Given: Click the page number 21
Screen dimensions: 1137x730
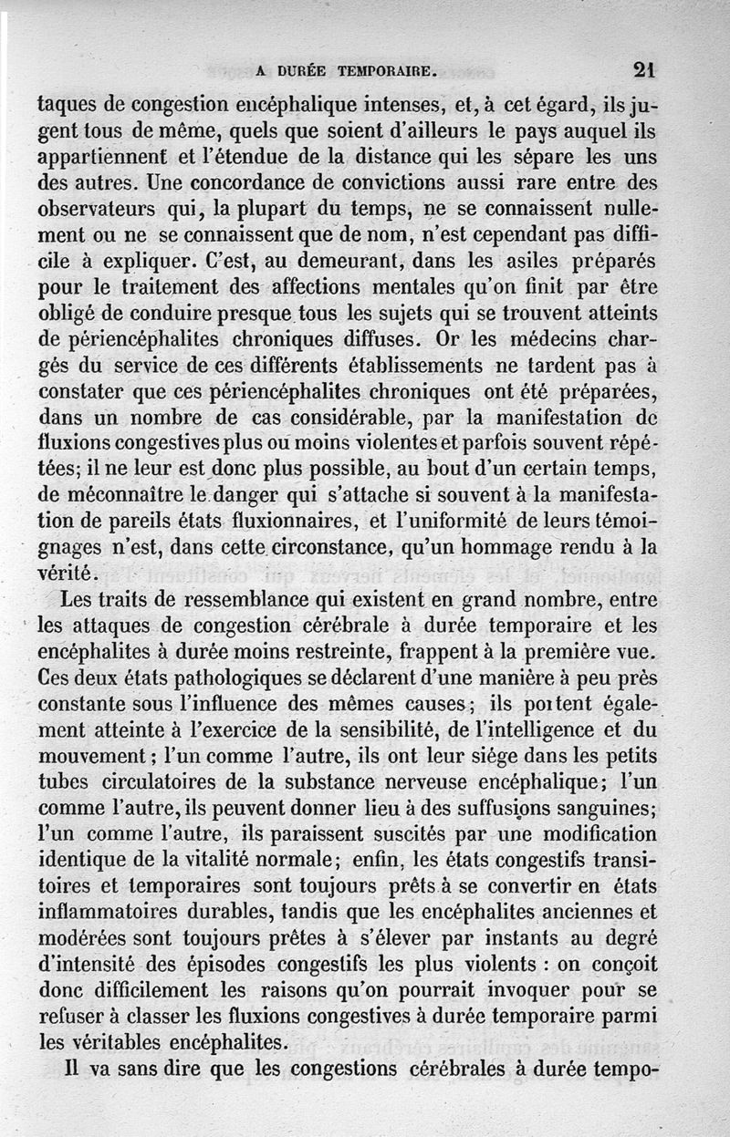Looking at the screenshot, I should pyautogui.click(x=644, y=69).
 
